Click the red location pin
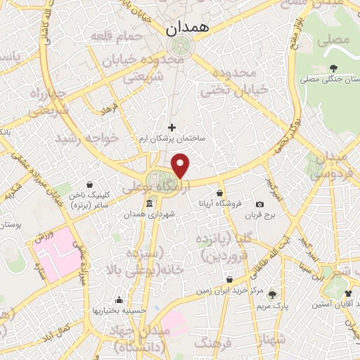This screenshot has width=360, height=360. coord(181,166)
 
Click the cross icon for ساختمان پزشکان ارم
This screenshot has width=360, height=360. coord(172,127)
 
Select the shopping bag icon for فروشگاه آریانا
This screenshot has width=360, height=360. coord(220,193)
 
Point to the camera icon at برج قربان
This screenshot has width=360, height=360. coord(260,204)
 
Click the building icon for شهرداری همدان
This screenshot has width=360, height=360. coord(149,205)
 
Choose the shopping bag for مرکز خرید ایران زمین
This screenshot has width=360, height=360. coord(229,279)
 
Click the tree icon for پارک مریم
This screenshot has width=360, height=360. coord(272,295)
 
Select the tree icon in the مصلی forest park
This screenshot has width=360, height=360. coord(333,68)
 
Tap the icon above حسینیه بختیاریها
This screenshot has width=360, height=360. coord(119,299)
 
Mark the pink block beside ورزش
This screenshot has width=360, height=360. coord(60,250)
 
